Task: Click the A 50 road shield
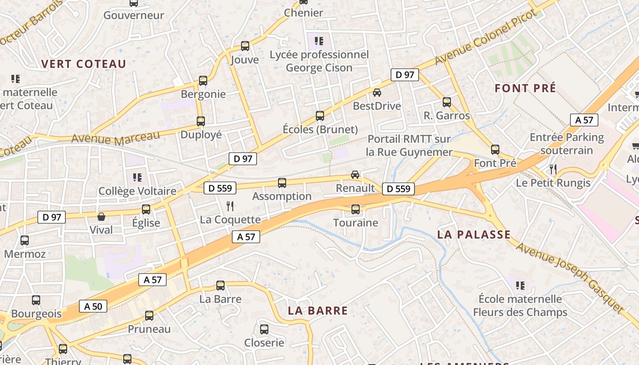(x=93, y=306)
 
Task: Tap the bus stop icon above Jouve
(x=245, y=46)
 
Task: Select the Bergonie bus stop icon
(x=203, y=81)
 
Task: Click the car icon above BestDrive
(x=377, y=93)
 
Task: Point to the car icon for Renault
(x=355, y=175)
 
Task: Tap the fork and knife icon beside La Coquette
(x=230, y=206)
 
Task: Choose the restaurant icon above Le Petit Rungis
(x=553, y=169)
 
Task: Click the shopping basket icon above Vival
(x=101, y=217)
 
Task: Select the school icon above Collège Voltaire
(x=137, y=177)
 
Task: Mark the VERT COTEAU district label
(x=84, y=64)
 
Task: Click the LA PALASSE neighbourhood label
(x=474, y=235)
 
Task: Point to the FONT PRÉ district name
(x=525, y=88)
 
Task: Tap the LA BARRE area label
(x=318, y=311)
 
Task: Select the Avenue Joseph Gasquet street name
(x=570, y=278)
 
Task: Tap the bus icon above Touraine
(x=356, y=209)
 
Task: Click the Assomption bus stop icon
(x=282, y=183)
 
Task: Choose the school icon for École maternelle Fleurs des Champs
(x=520, y=286)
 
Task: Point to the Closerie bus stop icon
(x=264, y=329)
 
